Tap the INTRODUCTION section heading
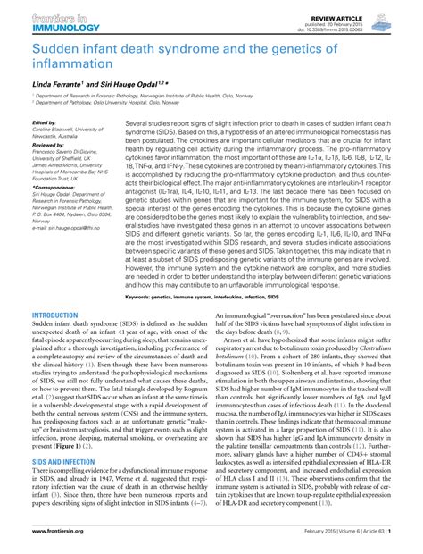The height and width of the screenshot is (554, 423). (x=54, y=315)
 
